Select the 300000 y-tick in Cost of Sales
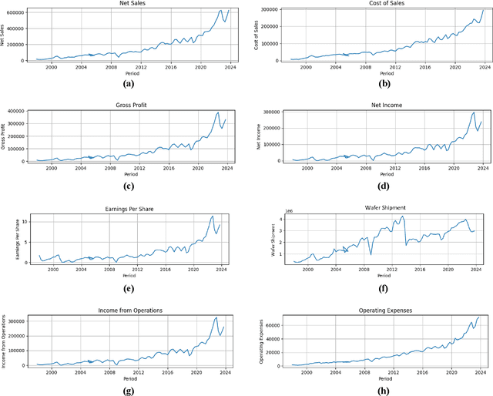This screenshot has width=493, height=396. (x=270, y=9)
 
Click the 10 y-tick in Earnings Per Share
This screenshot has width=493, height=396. (x=27, y=222)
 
